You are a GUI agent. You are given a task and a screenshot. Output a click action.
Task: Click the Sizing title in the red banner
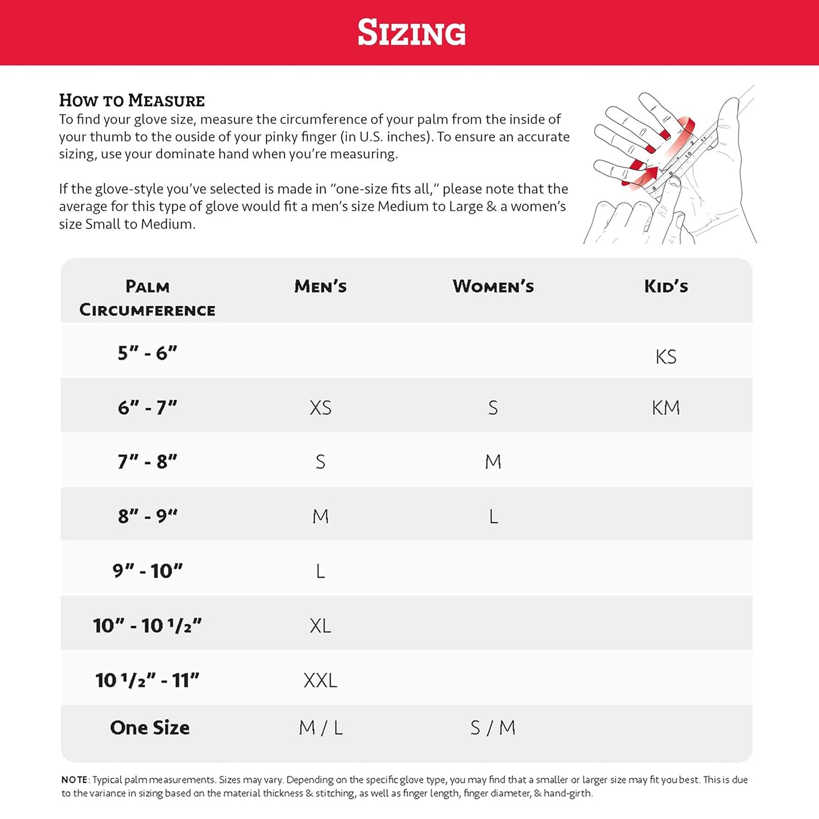[x=411, y=32]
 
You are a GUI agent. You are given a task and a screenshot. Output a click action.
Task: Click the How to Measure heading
[x=131, y=100]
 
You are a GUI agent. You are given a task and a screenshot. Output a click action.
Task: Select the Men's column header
[x=320, y=286]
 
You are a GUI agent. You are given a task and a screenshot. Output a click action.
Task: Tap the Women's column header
[x=493, y=286]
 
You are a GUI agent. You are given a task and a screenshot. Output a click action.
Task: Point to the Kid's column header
[x=666, y=286]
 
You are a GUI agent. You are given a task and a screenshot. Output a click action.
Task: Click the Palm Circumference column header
[x=147, y=298]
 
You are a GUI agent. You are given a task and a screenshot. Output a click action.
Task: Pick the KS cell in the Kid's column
[x=666, y=357]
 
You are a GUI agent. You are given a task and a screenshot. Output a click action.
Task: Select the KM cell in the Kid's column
[x=666, y=408]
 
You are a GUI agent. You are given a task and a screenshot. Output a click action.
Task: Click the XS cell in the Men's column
[x=320, y=408]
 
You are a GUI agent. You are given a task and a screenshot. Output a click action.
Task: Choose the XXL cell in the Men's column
[x=320, y=680]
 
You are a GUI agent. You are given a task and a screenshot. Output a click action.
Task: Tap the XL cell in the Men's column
[x=320, y=626]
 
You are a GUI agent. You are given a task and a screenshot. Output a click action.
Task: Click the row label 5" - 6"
[x=147, y=353]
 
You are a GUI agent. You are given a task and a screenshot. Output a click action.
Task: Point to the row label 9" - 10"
[x=147, y=571]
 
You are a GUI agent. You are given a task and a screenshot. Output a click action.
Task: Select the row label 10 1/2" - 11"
[x=147, y=680]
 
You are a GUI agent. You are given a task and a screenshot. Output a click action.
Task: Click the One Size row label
[x=150, y=727]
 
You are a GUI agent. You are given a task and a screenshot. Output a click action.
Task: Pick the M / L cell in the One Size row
[x=321, y=728]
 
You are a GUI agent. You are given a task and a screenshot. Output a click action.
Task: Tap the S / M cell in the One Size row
[x=493, y=728]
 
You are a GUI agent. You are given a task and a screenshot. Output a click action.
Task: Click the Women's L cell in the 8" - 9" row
[x=494, y=516]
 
